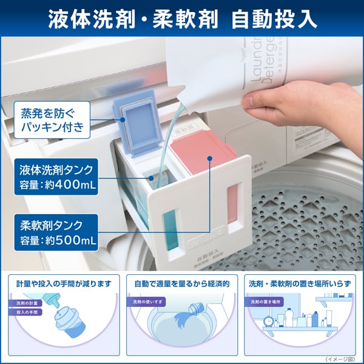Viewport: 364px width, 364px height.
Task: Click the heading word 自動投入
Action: pyautogui.click(x=275, y=19)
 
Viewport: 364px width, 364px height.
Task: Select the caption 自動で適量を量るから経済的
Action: pyautogui.click(x=182, y=283)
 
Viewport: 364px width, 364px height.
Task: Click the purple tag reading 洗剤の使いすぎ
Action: pyautogui.click(x=146, y=302)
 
